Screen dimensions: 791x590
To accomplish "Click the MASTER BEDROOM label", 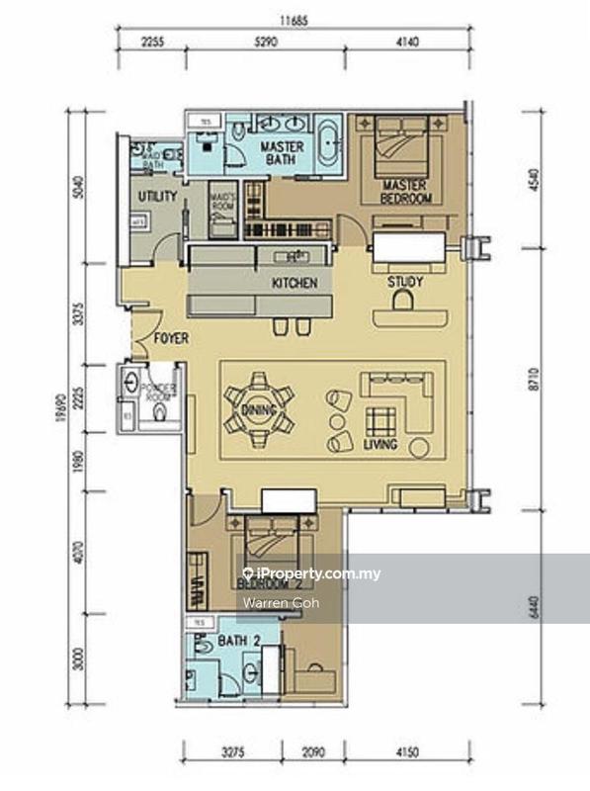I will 406,192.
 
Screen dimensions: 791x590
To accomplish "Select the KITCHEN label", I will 295,284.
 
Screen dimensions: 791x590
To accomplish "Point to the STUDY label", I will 405,282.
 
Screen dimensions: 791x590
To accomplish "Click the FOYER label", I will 170,338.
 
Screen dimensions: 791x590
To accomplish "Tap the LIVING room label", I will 379,445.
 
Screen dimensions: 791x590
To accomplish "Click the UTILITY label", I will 157,196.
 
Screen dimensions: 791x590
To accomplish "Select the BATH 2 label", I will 239,641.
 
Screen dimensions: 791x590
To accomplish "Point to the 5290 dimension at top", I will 266,43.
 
